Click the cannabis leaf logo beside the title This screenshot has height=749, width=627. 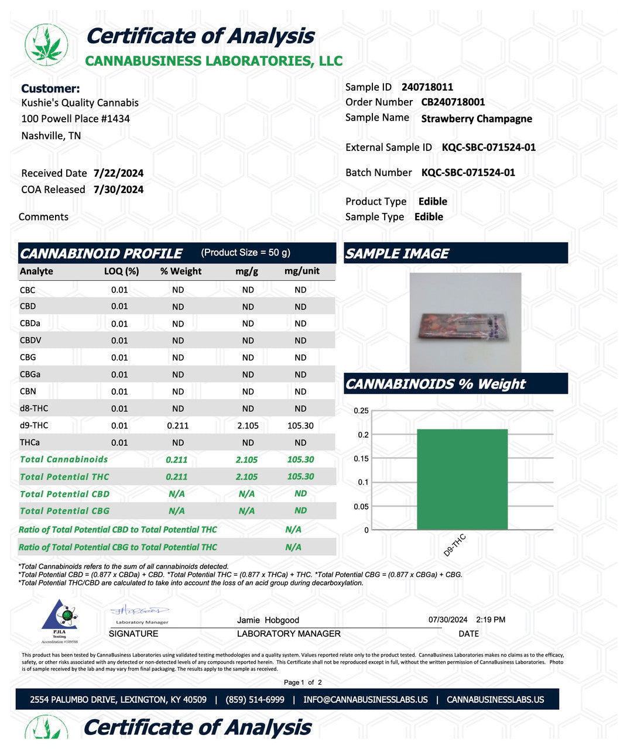[x=46, y=45]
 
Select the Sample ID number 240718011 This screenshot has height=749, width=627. [x=427, y=87]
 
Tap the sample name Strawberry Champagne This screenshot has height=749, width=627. [x=477, y=119]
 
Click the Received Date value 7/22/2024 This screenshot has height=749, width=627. [x=118, y=173]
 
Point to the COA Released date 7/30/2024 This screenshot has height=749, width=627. [x=118, y=190]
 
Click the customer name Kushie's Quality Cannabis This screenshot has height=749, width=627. [x=80, y=103]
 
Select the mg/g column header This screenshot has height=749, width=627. [x=246, y=272]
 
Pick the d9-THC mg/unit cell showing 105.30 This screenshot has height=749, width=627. [x=300, y=426]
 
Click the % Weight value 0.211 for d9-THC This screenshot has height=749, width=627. [x=178, y=426]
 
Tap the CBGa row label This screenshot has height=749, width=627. [x=30, y=374]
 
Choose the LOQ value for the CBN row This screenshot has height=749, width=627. [x=119, y=391]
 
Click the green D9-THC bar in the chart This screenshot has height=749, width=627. [x=462, y=479]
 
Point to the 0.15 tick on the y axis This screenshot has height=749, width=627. [x=361, y=459]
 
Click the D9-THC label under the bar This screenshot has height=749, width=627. [x=454, y=545]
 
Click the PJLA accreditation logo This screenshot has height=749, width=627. [x=59, y=621]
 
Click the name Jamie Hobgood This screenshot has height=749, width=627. [x=268, y=620]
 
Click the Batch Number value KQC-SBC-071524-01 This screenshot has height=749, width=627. [x=468, y=173]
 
